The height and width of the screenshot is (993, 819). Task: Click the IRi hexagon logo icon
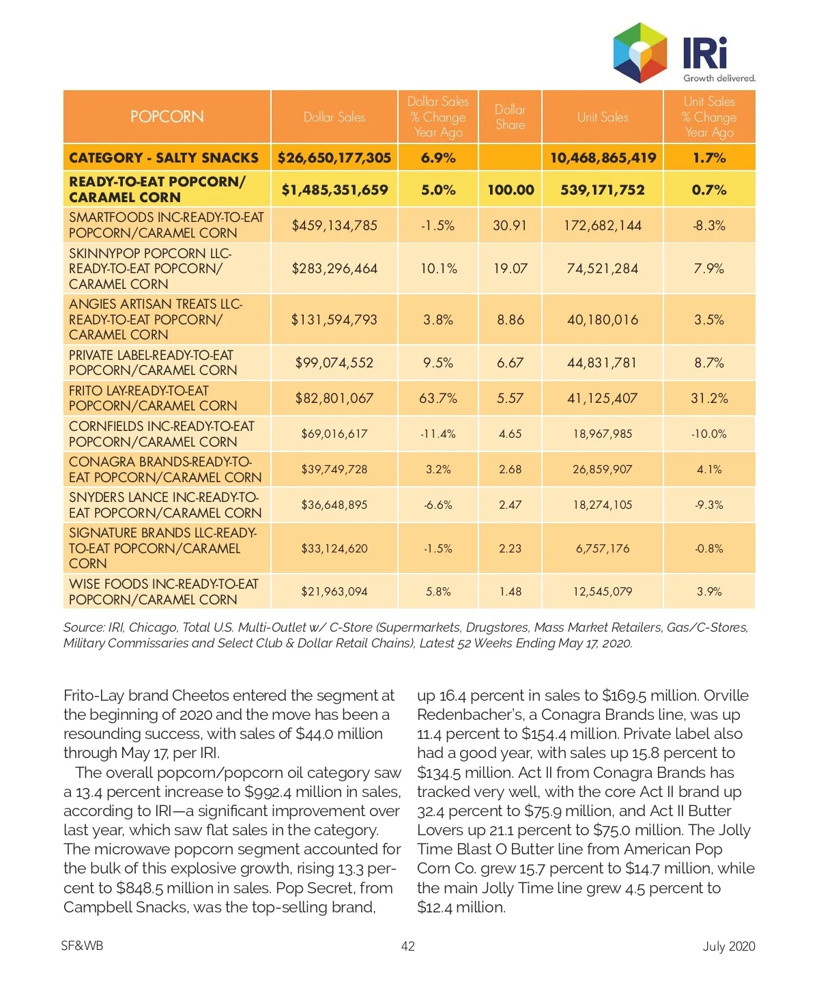[x=640, y=53]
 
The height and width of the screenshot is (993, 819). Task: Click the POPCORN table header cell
[x=167, y=117]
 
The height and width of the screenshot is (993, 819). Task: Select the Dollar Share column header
[x=510, y=117]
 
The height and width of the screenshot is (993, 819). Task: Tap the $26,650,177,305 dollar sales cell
[x=334, y=158]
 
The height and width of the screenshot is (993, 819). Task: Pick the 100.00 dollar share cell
[x=510, y=190]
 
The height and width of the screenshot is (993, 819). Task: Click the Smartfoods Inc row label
[x=166, y=225]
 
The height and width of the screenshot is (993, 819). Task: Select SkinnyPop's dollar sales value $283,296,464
[x=334, y=268]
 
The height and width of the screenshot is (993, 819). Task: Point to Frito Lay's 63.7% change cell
[x=437, y=398]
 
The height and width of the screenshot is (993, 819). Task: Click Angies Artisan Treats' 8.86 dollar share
[x=510, y=320]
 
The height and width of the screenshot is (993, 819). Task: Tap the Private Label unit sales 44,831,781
[x=602, y=363]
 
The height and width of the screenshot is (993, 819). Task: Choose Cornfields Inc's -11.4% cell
[x=437, y=434]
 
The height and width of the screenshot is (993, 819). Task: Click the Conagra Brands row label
[x=165, y=469]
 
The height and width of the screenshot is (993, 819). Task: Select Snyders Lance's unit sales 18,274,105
[x=602, y=505]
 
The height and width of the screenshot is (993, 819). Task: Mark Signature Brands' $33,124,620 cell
[x=334, y=548]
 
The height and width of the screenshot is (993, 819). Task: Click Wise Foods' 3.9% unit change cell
[x=708, y=591]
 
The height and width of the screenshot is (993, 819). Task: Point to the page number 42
[x=407, y=946]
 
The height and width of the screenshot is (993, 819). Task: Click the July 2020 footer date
[x=728, y=946]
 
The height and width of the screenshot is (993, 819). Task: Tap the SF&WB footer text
[x=82, y=946]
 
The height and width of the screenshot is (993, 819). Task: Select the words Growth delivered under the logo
[x=719, y=79]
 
